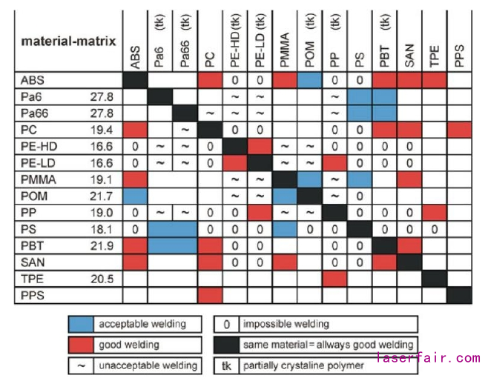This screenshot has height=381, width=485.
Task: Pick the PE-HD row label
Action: point(38,148)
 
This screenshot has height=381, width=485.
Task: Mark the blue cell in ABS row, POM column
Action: point(309,79)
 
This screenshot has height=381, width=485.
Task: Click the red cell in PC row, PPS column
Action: point(459,130)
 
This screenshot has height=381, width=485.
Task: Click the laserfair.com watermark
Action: point(428,358)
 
